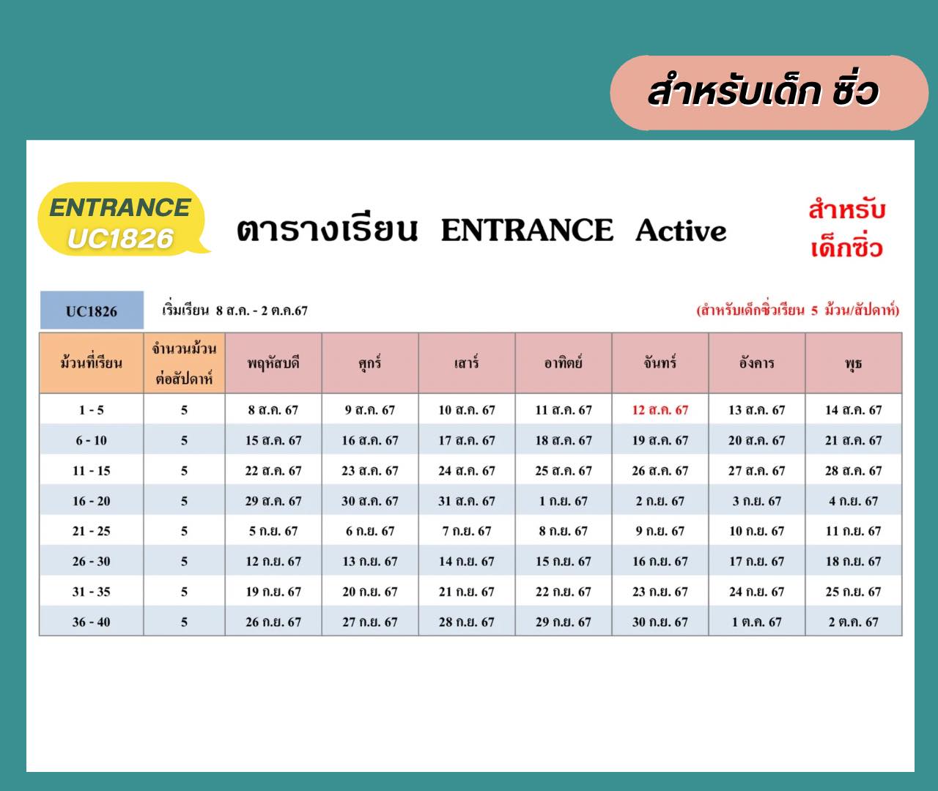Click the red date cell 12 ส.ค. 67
tap(660, 410)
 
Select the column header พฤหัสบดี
tap(273, 363)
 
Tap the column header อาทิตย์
tap(564, 362)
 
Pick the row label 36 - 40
tap(91, 622)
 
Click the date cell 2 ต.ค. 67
tap(853, 622)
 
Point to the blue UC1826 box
tap(92, 310)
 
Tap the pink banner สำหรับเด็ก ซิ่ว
tap(769, 93)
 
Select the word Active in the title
tap(681, 230)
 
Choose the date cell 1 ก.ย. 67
tap(564, 501)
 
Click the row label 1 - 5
tap(91, 410)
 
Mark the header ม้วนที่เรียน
tap(91, 362)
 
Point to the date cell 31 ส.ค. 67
tap(466, 501)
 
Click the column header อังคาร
tap(756, 362)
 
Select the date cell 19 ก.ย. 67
tap(273, 592)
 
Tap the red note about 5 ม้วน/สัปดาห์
tap(798, 311)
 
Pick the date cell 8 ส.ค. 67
tap(273, 410)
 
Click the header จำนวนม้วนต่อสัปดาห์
tap(184, 363)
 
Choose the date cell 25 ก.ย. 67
tap(853, 592)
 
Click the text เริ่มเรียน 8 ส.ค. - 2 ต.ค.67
tap(235, 310)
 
